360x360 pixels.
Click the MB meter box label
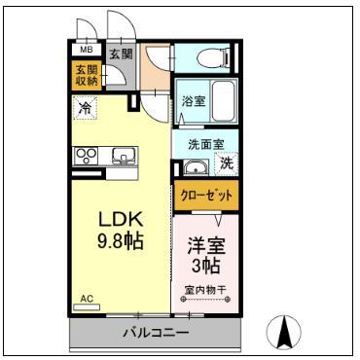(x=87, y=50)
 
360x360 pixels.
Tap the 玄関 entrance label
(x=121, y=54)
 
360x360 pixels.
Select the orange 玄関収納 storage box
(x=87, y=75)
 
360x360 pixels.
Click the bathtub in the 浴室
(x=223, y=101)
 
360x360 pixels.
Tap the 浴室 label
(x=194, y=101)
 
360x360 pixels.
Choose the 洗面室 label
(x=206, y=145)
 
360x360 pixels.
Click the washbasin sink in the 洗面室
(x=196, y=167)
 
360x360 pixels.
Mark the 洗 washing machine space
(x=227, y=163)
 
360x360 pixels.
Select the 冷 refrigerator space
(x=85, y=108)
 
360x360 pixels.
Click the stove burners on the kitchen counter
(x=86, y=156)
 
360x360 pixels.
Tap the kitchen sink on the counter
(x=124, y=156)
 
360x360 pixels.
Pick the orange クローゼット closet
(x=206, y=196)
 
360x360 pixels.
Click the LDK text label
(x=121, y=220)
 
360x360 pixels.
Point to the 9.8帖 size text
(x=121, y=241)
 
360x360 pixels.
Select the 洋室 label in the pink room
(x=206, y=246)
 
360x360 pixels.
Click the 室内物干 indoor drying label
(x=205, y=290)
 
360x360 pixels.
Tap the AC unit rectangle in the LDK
(x=87, y=306)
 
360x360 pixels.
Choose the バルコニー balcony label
(x=156, y=333)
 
